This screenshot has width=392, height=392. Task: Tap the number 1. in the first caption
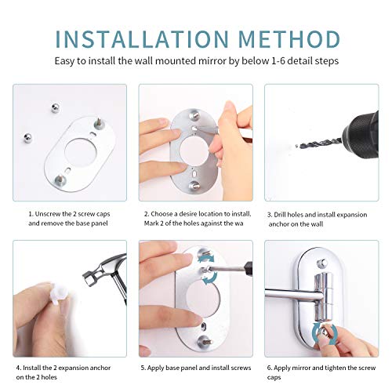click(31, 213)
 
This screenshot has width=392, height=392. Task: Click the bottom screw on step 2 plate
click(194, 185)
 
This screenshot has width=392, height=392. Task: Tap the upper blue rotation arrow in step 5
click(205, 262)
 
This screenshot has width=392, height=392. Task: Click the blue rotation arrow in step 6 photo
click(318, 333)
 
